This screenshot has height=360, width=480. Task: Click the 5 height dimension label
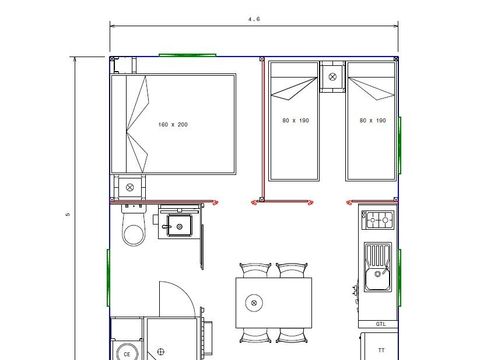(x=67, y=212)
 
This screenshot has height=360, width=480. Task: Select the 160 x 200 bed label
(x=173, y=124)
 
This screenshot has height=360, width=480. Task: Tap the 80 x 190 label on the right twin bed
(x=372, y=120)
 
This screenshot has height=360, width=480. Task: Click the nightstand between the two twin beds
(x=333, y=74)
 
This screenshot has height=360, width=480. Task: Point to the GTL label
(x=381, y=325)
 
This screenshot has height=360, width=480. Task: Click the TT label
(x=381, y=351)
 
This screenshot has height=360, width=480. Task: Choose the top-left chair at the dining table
(x=255, y=270)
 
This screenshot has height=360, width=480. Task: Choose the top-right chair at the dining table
(x=291, y=270)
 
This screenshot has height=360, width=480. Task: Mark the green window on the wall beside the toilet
(x=108, y=271)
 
